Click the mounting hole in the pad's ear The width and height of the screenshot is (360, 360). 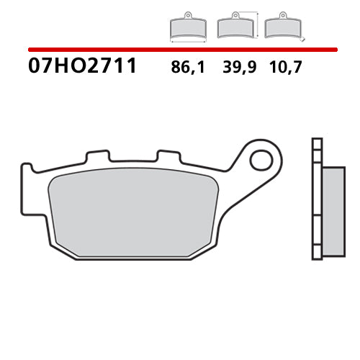261,158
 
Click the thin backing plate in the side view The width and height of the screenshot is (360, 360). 314,198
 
